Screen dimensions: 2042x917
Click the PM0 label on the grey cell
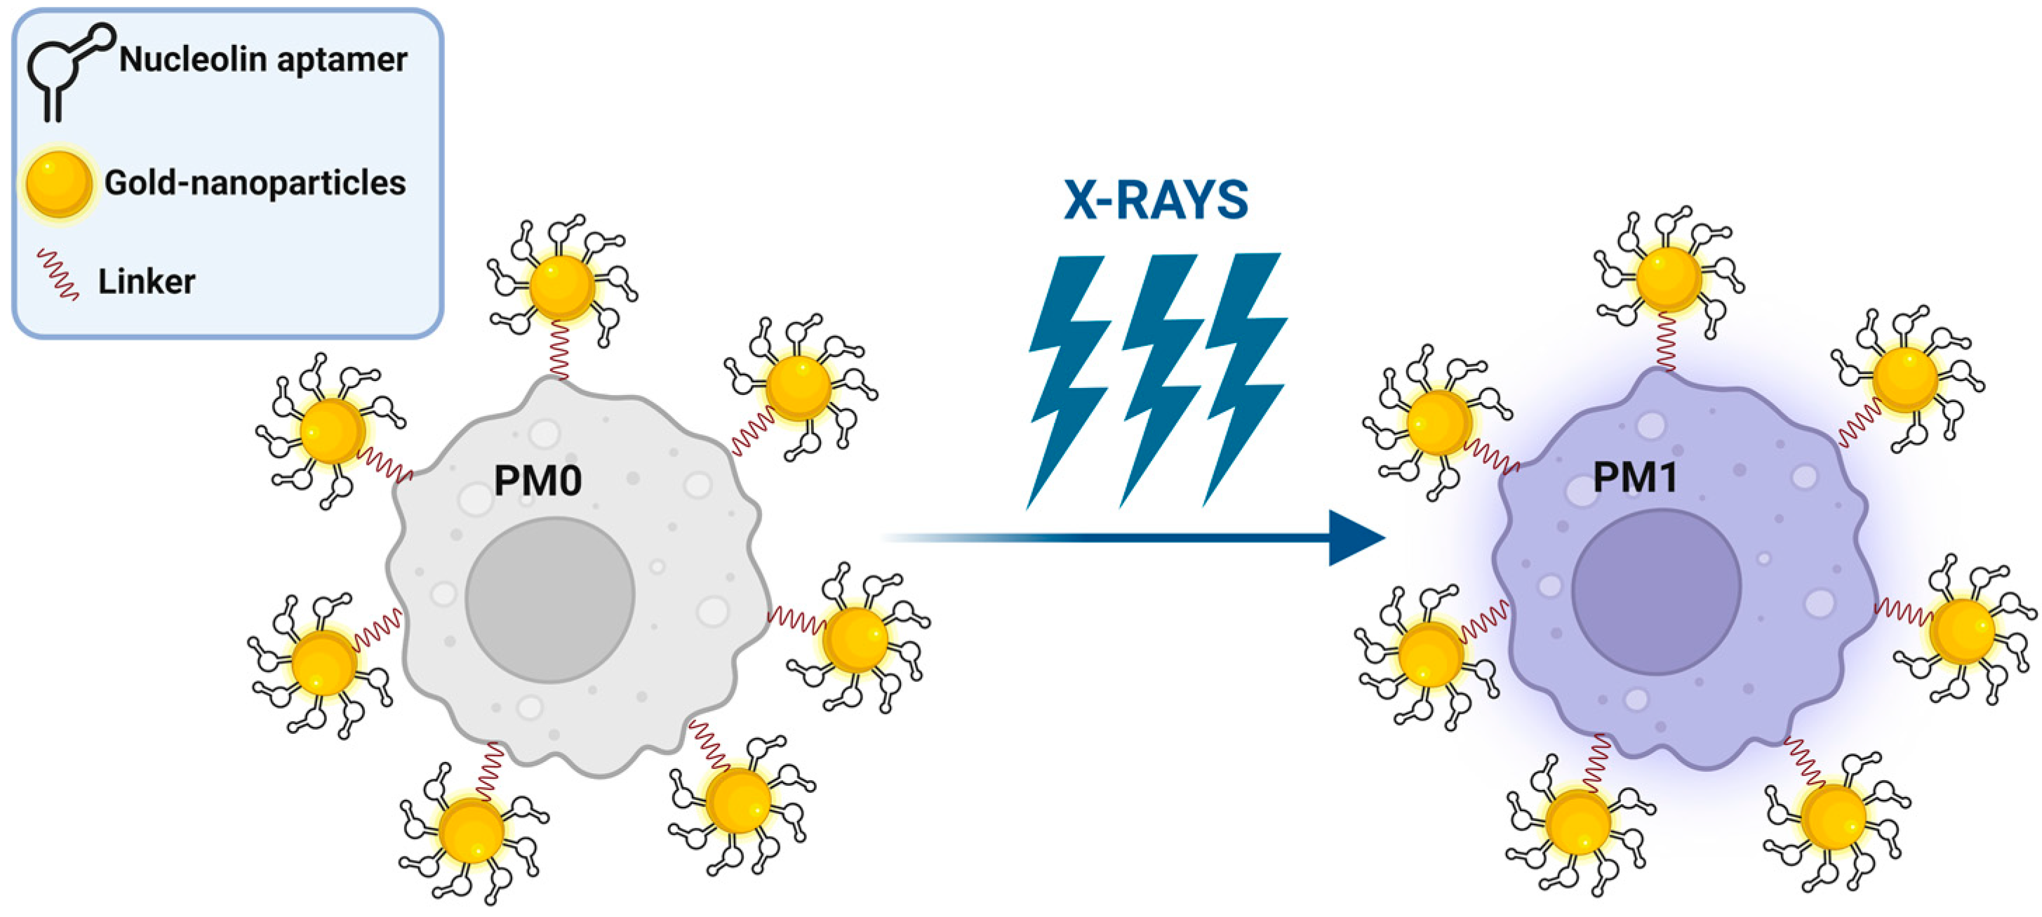pyautogui.click(x=538, y=481)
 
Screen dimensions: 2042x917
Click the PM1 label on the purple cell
pyautogui.click(x=1634, y=477)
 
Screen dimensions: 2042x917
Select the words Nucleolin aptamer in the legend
pyautogui.click(x=263, y=60)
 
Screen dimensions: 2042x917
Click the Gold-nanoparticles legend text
pyautogui.click(x=255, y=183)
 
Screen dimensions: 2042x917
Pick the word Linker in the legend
pyautogui.click(x=147, y=281)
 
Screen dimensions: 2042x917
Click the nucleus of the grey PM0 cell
pyautogui.click(x=549, y=599)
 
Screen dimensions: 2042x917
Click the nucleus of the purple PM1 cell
pyautogui.click(x=1656, y=591)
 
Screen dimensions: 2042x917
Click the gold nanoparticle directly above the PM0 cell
pyautogui.click(x=561, y=287)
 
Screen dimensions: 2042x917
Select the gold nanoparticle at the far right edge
pyautogui.click(x=1962, y=631)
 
